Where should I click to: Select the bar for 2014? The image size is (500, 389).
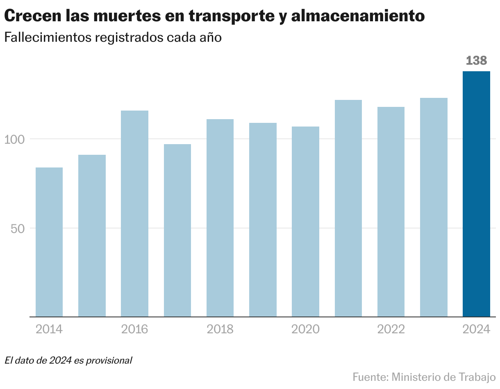(49, 242)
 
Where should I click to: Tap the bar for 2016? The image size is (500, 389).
(134, 213)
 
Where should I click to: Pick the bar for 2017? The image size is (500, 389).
(177, 230)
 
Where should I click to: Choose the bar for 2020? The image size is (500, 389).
(305, 222)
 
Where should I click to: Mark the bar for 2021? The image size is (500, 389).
(348, 208)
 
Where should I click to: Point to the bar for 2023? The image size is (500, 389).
(434, 207)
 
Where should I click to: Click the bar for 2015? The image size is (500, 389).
(92, 235)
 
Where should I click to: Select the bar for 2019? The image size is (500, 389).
(263, 219)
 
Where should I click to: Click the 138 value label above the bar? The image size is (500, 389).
(476, 61)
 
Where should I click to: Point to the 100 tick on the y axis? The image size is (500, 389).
(15, 139)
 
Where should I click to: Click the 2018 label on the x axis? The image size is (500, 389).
(220, 329)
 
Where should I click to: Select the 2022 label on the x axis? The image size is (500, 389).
(391, 329)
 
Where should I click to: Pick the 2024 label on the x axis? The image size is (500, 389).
(476, 329)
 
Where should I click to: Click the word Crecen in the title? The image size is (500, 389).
(31, 16)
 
